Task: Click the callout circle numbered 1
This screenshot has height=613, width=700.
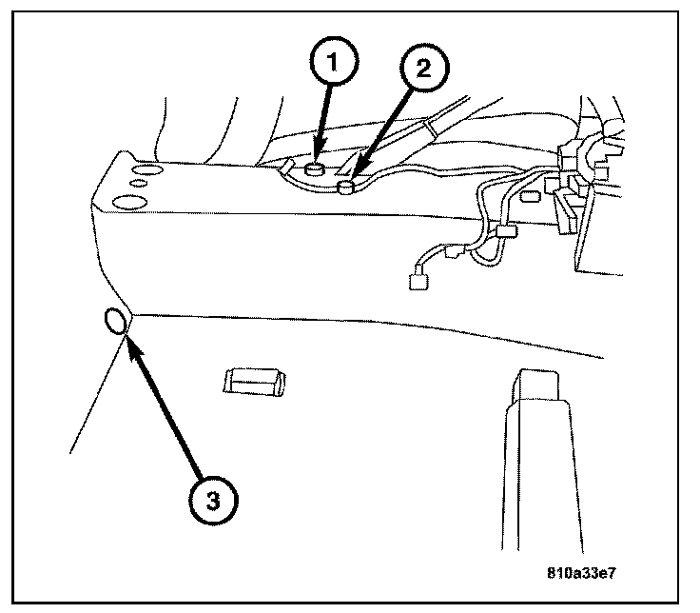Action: point(331,63)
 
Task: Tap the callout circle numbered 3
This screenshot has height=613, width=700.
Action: point(212,499)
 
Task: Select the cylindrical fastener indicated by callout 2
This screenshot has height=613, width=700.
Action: point(347,188)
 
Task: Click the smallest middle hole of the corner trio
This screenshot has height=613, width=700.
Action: point(138,183)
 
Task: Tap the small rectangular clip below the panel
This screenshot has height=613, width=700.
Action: point(251,383)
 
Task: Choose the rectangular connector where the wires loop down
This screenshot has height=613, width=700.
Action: point(504,232)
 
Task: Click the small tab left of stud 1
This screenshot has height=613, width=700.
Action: point(286,168)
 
